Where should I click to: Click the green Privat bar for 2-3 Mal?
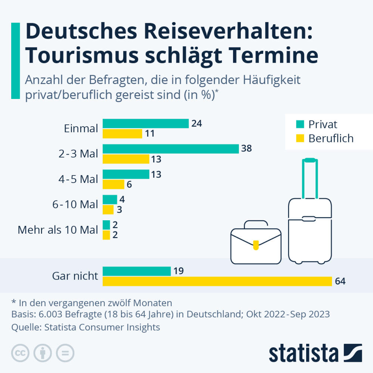pos(171,149)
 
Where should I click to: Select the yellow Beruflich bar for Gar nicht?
pos(217,281)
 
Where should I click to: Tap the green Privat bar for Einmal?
pos(146,124)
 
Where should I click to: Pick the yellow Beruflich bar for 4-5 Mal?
pos(114,184)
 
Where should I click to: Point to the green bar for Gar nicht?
pos(137,271)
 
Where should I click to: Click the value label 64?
pos(340,281)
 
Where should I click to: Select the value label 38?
pos(247,149)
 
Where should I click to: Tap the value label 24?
pos(196,124)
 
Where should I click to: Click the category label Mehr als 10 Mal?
pos(58,230)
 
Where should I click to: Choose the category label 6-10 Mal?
pos(76,205)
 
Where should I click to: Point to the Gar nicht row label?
pos(75,276)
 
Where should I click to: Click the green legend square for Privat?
pos(299,124)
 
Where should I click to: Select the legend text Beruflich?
pos(331,139)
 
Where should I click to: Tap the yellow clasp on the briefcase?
pos(256,245)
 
